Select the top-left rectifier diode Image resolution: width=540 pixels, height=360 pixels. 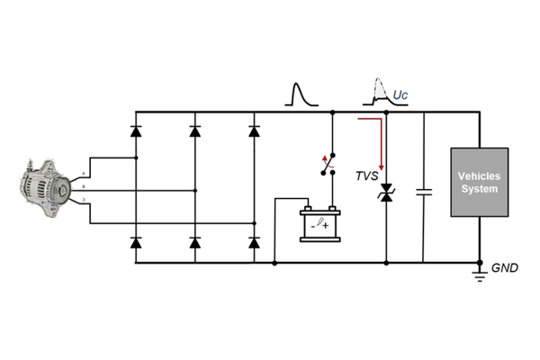pos(136,131)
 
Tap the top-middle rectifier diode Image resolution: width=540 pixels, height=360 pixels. pos(194,131)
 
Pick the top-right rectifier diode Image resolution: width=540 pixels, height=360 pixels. pos(253,131)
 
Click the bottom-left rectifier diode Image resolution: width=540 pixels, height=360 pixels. pos(136,242)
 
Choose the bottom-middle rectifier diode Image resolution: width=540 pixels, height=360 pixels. pos(194,242)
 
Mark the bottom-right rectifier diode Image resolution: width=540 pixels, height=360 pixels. pos(253,242)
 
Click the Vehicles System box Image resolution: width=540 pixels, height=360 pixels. pos(479,183)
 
